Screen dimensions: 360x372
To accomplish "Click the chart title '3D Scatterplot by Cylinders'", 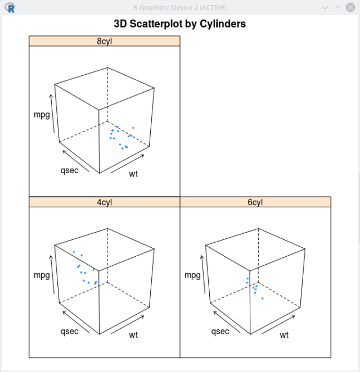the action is tap(180, 24).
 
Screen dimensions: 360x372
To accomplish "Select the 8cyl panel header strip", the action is tap(105, 41).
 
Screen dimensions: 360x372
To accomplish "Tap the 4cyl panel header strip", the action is tap(105, 202).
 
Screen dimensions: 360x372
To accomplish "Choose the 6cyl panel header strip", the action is tap(255, 202).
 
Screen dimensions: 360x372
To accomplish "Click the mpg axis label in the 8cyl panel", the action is tap(42, 115).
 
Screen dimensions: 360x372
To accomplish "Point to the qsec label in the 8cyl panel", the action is tap(69, 170).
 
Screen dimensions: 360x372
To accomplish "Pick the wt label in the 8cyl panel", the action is tap(133, 174).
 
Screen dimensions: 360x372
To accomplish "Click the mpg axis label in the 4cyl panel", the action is tap(42, 275).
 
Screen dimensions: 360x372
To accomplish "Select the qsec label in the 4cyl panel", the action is tap(69, 331).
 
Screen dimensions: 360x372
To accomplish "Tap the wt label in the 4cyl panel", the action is tap(133, 335).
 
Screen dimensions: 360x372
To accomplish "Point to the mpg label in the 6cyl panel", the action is tap(192, 275).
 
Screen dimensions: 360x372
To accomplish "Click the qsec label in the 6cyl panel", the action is tap(220, 331).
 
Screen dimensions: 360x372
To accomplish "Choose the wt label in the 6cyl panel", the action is tap(284, 335).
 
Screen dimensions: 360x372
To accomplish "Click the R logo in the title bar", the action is tap(10, 8).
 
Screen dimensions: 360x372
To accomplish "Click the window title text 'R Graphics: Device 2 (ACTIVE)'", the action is tap(180, 8).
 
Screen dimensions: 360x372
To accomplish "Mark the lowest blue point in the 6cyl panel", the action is tap(262, 298).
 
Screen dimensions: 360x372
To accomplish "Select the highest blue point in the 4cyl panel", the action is tap(74, 252).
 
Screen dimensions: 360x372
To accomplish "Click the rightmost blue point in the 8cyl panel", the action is tap(133, 128).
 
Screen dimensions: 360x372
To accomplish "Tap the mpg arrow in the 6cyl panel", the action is tap(203, 275).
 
